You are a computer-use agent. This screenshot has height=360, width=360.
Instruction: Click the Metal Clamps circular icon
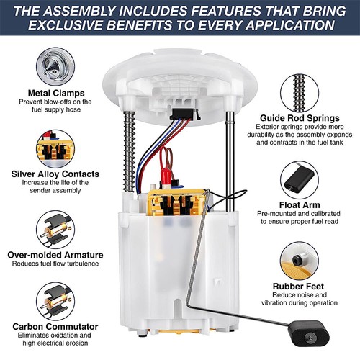[x=56, y=66]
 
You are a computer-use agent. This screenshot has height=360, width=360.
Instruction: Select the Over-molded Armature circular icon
[x=55, y=227]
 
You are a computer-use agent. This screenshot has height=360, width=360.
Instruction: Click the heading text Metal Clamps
[x=55, y=94]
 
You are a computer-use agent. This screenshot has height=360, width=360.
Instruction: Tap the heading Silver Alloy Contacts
[x=55, y=174]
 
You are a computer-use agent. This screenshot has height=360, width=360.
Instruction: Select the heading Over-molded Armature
[x=55, y=255]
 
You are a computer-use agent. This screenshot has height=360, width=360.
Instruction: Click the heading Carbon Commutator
[x=55, y=327]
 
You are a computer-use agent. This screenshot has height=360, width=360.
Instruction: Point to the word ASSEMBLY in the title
[x=99, y=10]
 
